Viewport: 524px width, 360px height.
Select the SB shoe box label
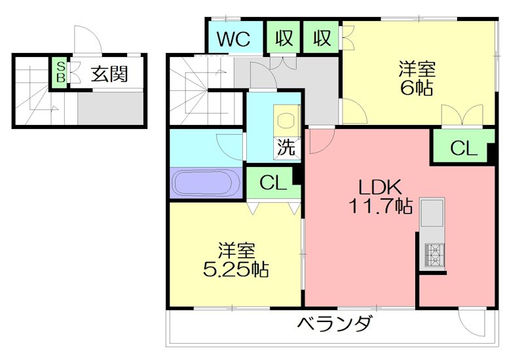point(60,72)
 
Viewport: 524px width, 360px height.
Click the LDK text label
point(373,186)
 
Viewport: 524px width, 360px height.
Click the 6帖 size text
point(417,88)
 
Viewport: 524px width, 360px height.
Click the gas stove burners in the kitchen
point(434,253)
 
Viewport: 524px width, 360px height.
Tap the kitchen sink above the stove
point(432,213)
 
